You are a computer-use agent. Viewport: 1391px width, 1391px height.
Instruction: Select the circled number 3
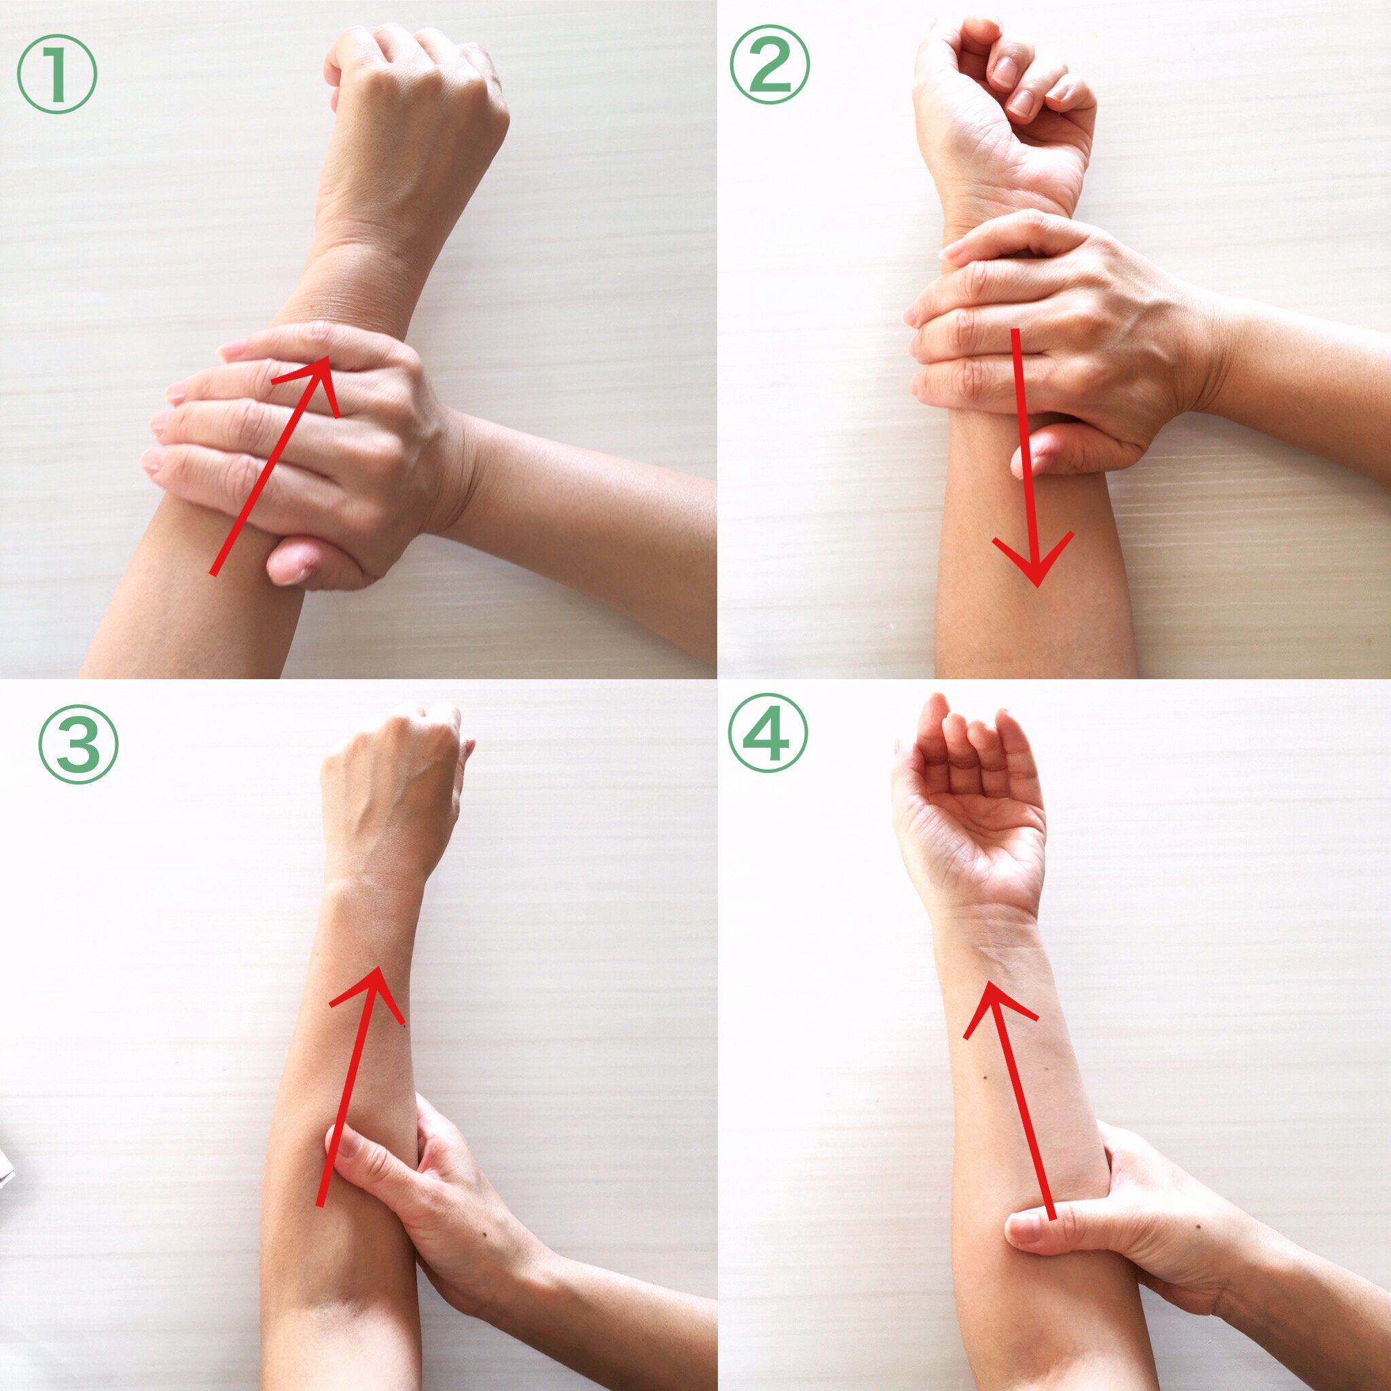77,743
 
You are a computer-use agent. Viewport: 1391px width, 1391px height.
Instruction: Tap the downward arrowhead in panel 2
1034,562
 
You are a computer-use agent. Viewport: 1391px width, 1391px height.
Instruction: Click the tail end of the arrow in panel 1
212,574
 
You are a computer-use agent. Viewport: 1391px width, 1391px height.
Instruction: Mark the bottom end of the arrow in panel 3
320,1204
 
